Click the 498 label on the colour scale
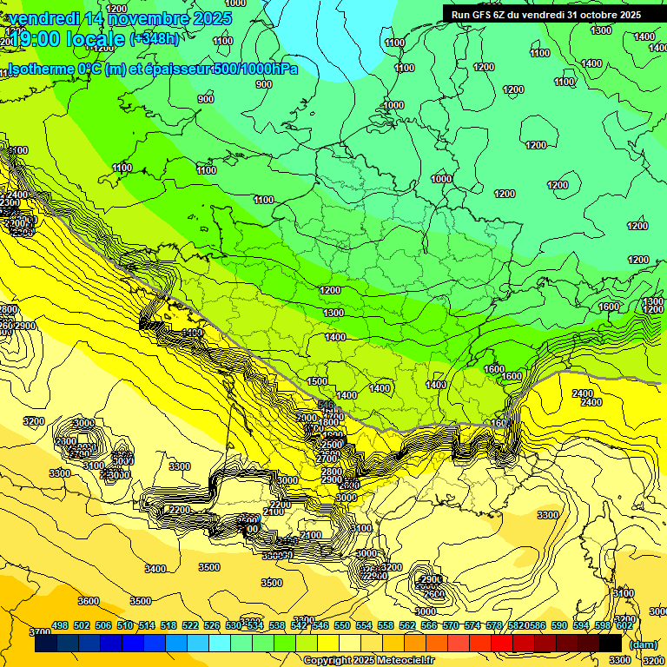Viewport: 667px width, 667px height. [x=60, y=625]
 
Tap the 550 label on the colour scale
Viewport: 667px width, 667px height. [x=342, y=625]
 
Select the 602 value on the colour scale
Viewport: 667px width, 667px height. [x=624, y=625]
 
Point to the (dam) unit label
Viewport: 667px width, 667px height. [x=642, y=644]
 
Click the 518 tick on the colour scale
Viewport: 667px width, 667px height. [x=168, y=625]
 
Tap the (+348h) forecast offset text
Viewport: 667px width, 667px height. [x=155, y=39]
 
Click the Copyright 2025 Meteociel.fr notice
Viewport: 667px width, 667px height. [x=369, y=660]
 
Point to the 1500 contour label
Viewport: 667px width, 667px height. [x=317, y=381]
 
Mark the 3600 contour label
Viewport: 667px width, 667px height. [x=88, y=601]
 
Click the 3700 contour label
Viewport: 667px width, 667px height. [x=39, y=632]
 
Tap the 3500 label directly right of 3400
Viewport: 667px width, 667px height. [x=209, y=567]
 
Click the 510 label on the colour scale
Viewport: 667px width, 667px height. [x=125, y=625]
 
